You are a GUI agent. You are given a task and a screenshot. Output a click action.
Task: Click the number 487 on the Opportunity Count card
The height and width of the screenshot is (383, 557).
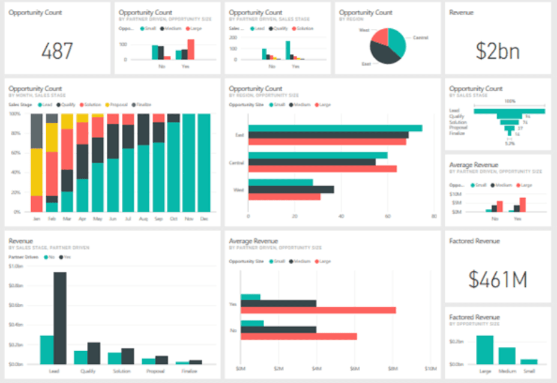coord(57,51)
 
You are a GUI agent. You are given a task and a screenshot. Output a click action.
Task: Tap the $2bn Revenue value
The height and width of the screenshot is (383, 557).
coord(497,51)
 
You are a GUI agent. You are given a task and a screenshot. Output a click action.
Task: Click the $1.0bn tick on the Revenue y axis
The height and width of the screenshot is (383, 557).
coord(16,265)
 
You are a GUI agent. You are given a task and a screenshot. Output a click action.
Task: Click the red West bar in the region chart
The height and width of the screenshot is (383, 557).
coord(285,196)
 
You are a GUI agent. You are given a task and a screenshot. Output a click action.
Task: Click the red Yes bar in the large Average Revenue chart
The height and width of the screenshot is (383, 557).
coord(318,310)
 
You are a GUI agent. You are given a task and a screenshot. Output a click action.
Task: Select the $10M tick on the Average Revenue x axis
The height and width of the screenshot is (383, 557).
coord(430,368)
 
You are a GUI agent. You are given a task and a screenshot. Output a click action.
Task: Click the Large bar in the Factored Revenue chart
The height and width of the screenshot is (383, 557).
coord(484,349)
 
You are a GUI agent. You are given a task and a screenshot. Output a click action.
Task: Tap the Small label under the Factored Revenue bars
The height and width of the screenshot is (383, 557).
coord(529,370)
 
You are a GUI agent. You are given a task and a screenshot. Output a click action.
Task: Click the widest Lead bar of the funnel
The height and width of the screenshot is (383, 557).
coord(509,111)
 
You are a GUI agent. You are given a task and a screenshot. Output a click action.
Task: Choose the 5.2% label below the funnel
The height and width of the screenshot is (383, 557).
coord(509,143)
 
